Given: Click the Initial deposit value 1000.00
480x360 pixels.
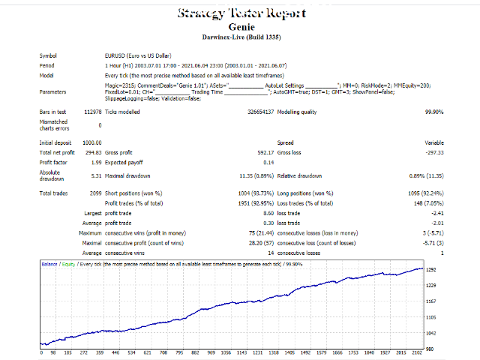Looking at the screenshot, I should [91, 142].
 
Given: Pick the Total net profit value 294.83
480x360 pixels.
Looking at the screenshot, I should [93, 152].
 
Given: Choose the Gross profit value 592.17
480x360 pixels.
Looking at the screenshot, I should [262, 152].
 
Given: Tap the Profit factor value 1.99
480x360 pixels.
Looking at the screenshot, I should [95, 162].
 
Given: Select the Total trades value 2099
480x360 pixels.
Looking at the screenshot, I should [93, 193].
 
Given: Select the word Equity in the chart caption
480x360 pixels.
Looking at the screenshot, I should [68, 264].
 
